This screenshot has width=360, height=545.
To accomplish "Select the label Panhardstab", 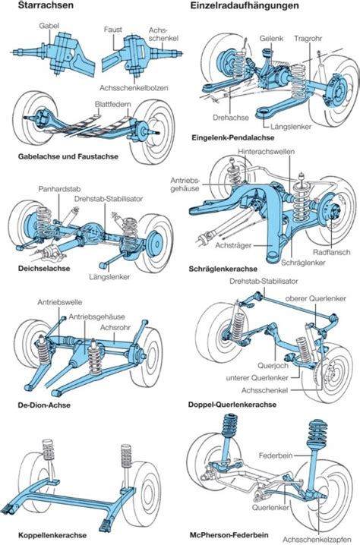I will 58,187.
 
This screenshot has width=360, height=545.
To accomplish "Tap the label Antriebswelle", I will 61,301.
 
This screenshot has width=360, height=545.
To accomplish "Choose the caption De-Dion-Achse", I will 44,405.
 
